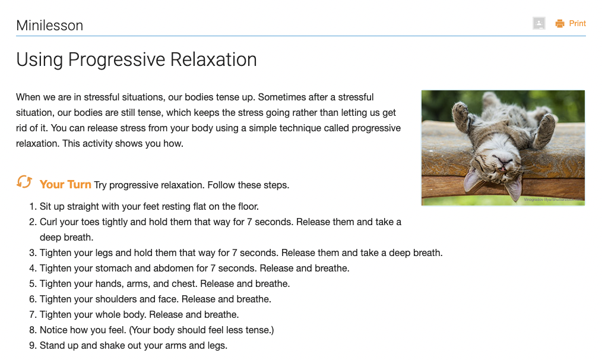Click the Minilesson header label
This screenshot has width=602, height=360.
[x=49, y=26]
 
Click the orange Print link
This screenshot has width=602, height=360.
[x=577, y=24]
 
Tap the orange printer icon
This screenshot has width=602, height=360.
[x=559, y=24]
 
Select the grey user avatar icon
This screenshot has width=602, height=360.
[x=539, y=24]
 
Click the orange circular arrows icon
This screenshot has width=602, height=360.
[x=24, y=182]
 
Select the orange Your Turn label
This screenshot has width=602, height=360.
[x=65, y=185]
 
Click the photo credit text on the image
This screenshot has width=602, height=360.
[x=553, y=200]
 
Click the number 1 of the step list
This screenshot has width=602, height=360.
[x=32, y=207]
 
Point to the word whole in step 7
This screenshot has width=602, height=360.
[x=113, y=315]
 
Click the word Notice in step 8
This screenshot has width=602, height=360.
[x=53, y=330]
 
